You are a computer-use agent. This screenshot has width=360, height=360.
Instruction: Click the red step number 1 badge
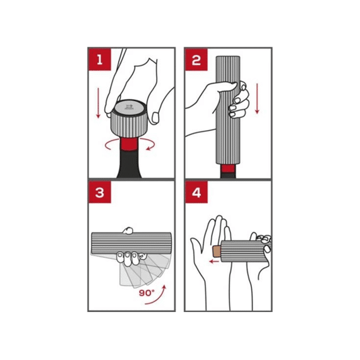click(x=100, y=59)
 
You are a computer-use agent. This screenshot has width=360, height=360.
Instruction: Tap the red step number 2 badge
click(x=196, y=59)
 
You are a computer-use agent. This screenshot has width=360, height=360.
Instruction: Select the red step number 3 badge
click(x=100, y=192)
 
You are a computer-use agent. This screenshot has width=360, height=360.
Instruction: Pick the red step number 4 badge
click(x=196, y=192)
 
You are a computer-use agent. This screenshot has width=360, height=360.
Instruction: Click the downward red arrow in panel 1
click(x=99, y=103)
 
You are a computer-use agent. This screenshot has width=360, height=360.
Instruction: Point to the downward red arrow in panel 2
click(x=257, y=99)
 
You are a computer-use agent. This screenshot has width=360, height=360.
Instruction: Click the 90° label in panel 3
click(x=147, y=292)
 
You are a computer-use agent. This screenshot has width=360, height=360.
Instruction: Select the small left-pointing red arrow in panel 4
click(x=215, y=261)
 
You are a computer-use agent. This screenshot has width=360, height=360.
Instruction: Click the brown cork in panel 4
click(x=217, y=251)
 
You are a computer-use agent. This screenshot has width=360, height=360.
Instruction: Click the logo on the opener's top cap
click(x=128, y=107)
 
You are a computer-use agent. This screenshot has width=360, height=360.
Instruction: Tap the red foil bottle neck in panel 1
click(x=129, y=144)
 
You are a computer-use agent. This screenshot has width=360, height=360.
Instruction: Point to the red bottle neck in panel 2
click(x=228, y=169)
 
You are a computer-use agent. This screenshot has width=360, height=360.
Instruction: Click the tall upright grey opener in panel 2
click(x=228, y=110)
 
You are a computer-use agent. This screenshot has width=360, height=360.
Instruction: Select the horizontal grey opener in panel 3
click(x=131, y=243)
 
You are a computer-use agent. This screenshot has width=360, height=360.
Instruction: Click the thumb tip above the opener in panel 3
click(x=128, y=231)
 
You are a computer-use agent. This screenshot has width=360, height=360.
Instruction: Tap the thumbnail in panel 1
click(x=155, y=117)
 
